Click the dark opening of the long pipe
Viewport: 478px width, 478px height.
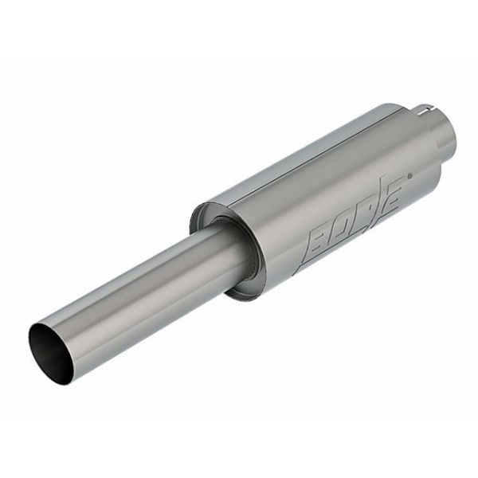click(x=51, y=354)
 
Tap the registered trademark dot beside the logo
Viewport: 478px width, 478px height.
click(x=409, y=175)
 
